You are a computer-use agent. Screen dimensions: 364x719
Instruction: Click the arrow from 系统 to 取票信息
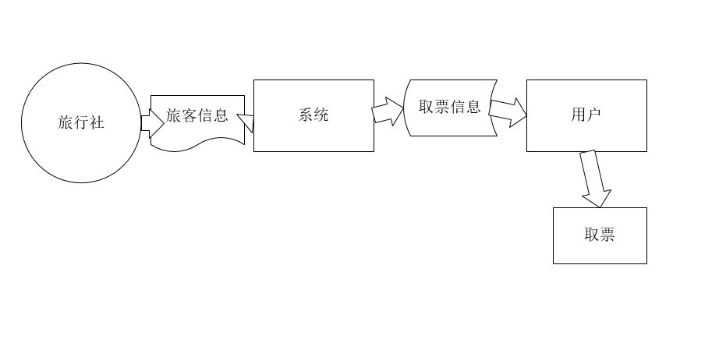[x=388, y=111]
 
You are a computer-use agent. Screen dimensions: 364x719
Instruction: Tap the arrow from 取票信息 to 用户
[x=508, y=113]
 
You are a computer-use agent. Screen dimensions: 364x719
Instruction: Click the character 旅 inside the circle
[x=66, y=122]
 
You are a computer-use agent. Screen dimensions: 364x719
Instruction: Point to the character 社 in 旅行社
[x=97, y=122]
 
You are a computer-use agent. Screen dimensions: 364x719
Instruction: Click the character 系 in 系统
[x=306, y=115]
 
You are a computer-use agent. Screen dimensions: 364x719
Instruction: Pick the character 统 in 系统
[x=321, y=115]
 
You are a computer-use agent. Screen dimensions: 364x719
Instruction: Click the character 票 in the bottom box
[x=607, y=235]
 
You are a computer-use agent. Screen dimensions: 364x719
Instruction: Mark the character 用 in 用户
[x=579, y=115]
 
